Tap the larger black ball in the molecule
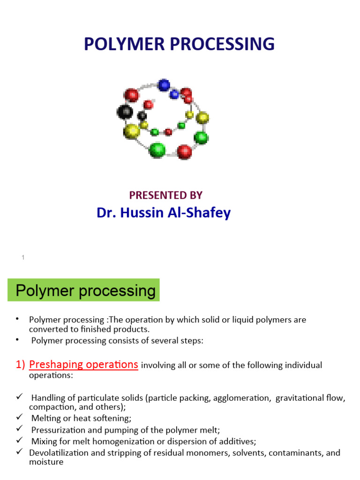[x=125, y=112]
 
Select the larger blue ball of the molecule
[x=164, y=85]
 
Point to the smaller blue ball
[x=174, y=94]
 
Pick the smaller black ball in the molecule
[x=142, y=116]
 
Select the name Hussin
[x=142, y=213]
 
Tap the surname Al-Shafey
[x=205, y=213]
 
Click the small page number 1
[x=22, y=257]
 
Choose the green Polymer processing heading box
[x=84, y=291]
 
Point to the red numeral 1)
[x=18, y=365]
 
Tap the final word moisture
[x=46, y=462]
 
